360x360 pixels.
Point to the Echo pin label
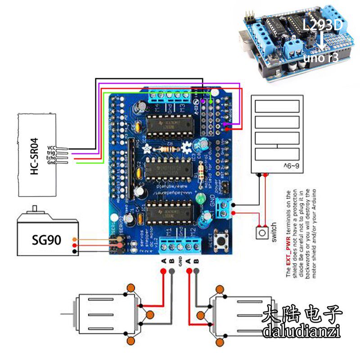50,158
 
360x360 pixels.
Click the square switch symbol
262,233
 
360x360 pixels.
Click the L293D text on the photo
323,26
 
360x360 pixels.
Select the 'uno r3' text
321,58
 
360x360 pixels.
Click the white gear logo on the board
187,147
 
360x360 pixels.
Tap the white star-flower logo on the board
146,148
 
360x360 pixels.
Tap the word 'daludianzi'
301,332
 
